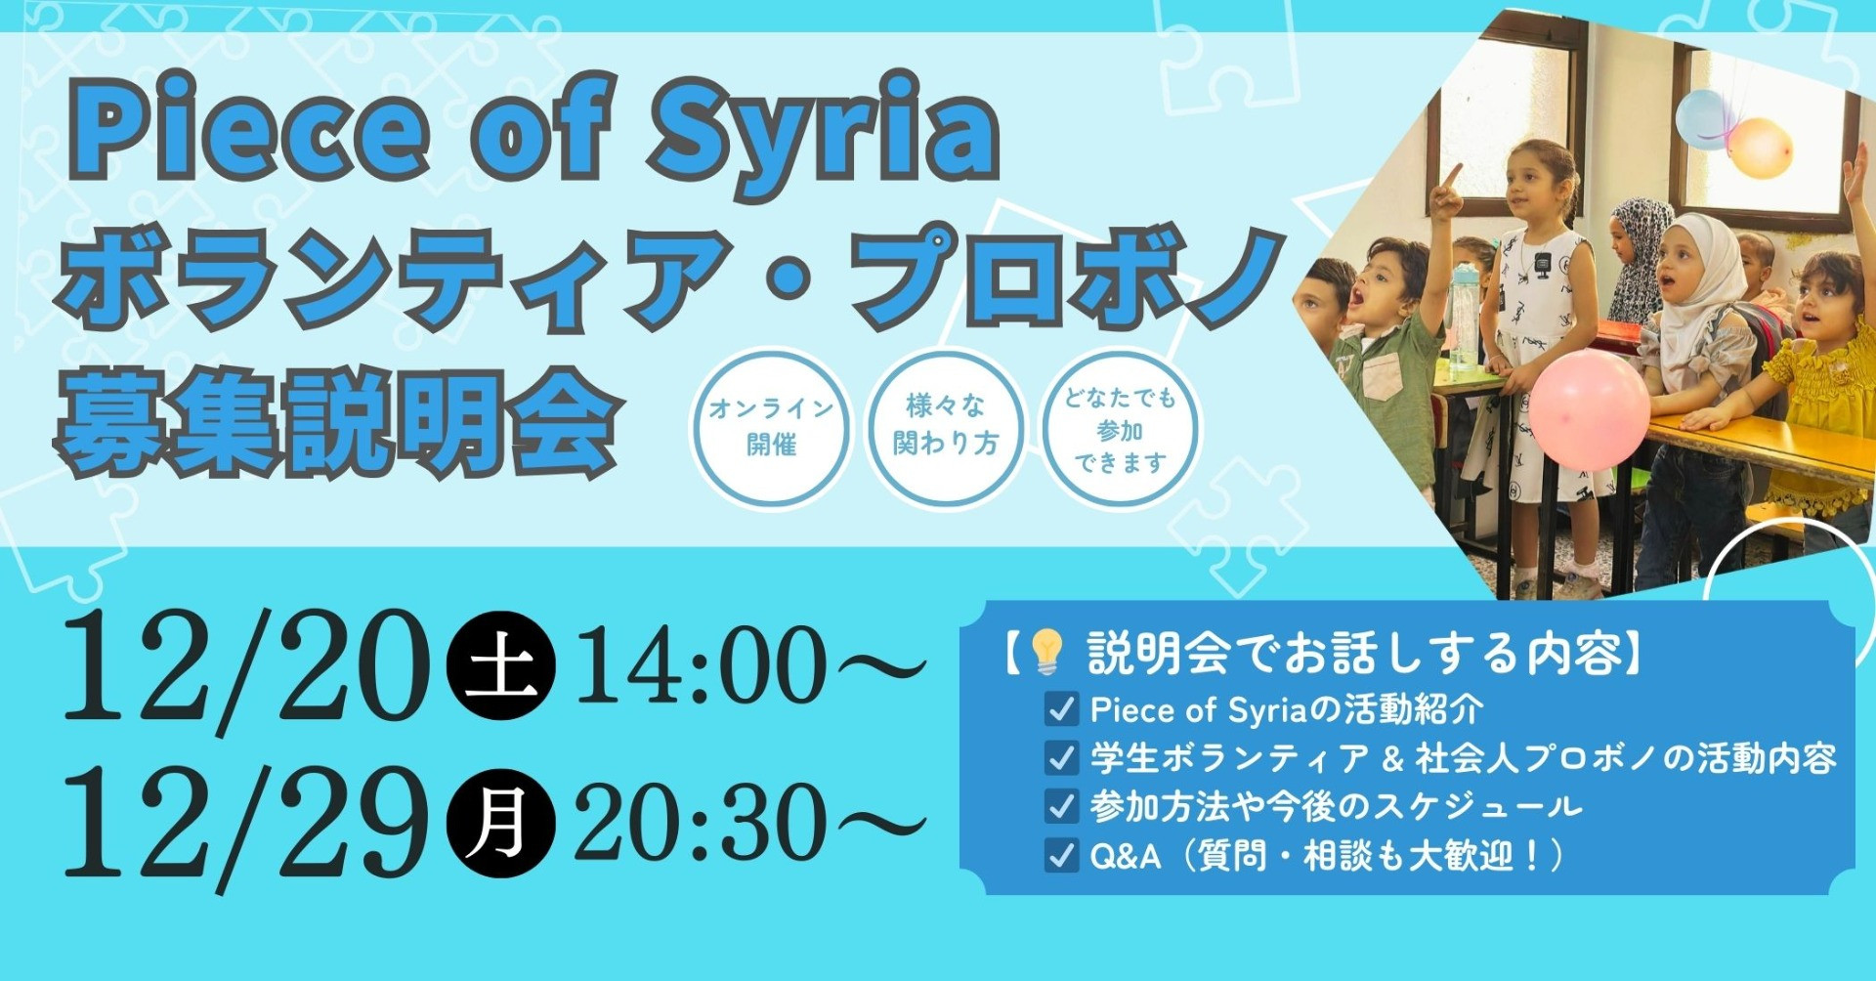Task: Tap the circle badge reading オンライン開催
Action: click(771, 427)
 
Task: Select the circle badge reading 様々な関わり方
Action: click(945, 427)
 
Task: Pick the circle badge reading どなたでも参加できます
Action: click(1120, 427)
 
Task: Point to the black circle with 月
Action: click(500, 823)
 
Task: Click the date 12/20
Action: click(244, 669)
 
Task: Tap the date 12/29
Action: click(244, 827)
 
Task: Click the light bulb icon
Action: click(1046, 652)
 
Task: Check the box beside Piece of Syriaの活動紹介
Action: click(1061, 709)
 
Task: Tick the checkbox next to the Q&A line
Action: click(1061, 855)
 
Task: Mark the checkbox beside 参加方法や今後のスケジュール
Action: click(1061, 806)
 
